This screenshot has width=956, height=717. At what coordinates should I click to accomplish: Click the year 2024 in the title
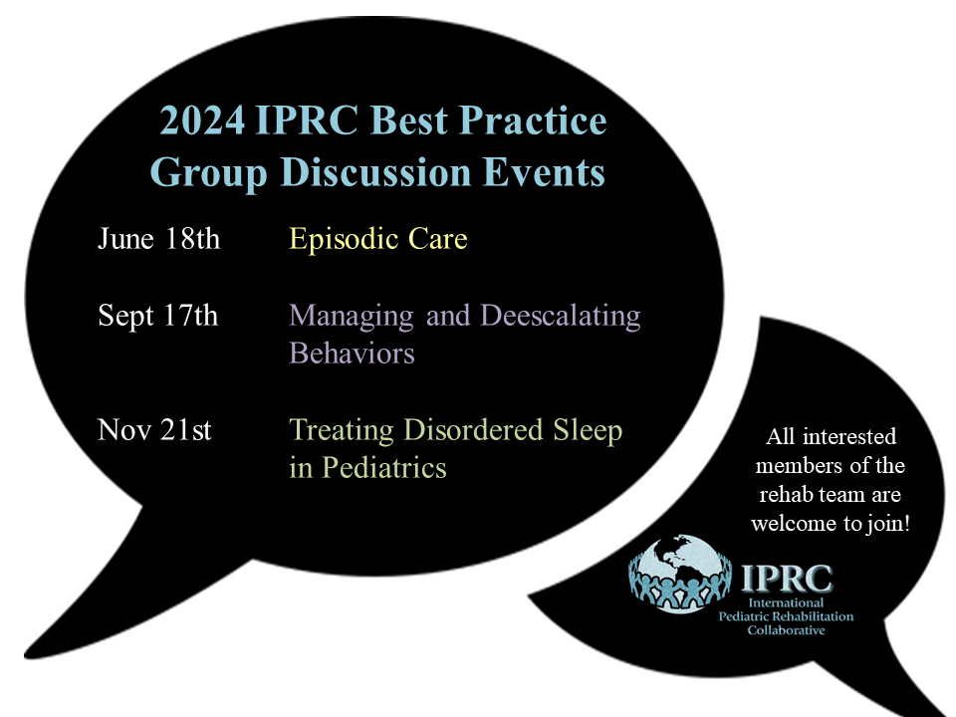pyautogui.click(x=202, y=120)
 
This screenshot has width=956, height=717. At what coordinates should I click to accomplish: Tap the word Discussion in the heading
pyautogui.click(x=375, y=172)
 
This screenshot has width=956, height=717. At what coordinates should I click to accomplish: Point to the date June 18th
pyautogui.click(x=158, y=238)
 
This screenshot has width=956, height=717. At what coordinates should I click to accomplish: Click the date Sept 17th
pyautogui.click(x=158, y=317)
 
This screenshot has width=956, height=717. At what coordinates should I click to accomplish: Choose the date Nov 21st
pyautogui.click(x=154, y=430)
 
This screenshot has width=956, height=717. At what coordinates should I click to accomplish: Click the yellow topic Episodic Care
pyautogui.click(x=378, y=239)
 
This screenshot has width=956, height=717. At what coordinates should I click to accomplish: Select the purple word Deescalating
pyautogui.click(x=561, y=317)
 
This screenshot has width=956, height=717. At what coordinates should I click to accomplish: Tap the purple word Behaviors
pyautogui.click(x=352, y=354)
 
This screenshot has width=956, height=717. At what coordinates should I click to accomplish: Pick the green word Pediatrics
pyautogui.click(x=384, y=468)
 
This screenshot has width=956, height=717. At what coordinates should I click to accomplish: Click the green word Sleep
pyautogui.click(x=588, y=431)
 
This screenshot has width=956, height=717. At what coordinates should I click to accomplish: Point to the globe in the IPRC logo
pyautogui.click(x=680, y=575)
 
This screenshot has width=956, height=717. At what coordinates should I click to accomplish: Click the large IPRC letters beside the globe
pyautogui.click(x=787, y=579)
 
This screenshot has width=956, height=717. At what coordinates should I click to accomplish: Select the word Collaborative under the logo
pyautogui.click(x=786, y=630)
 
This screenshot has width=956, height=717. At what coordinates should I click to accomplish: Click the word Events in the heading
pyautogui.click(x=544, y=172)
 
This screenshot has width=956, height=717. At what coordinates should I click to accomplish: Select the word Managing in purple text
pyautogui.click(x=352, y=317)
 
